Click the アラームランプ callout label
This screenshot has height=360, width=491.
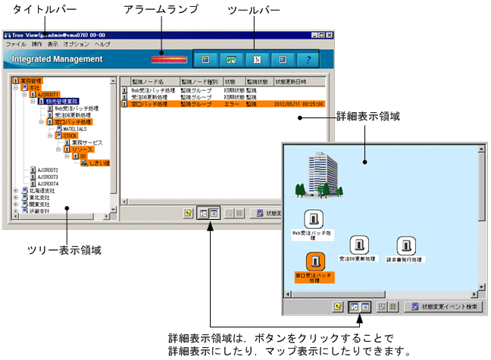tap(161, 9)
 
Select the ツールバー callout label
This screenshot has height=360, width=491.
tap(254, 9)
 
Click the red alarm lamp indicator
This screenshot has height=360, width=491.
tap(168, 58)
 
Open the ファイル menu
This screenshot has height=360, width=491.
tap(15, 45)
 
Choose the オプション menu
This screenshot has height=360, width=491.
tap(77, 45)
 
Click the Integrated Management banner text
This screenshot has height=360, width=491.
tap(58, 59)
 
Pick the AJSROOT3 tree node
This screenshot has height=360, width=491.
tap(48, 177)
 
